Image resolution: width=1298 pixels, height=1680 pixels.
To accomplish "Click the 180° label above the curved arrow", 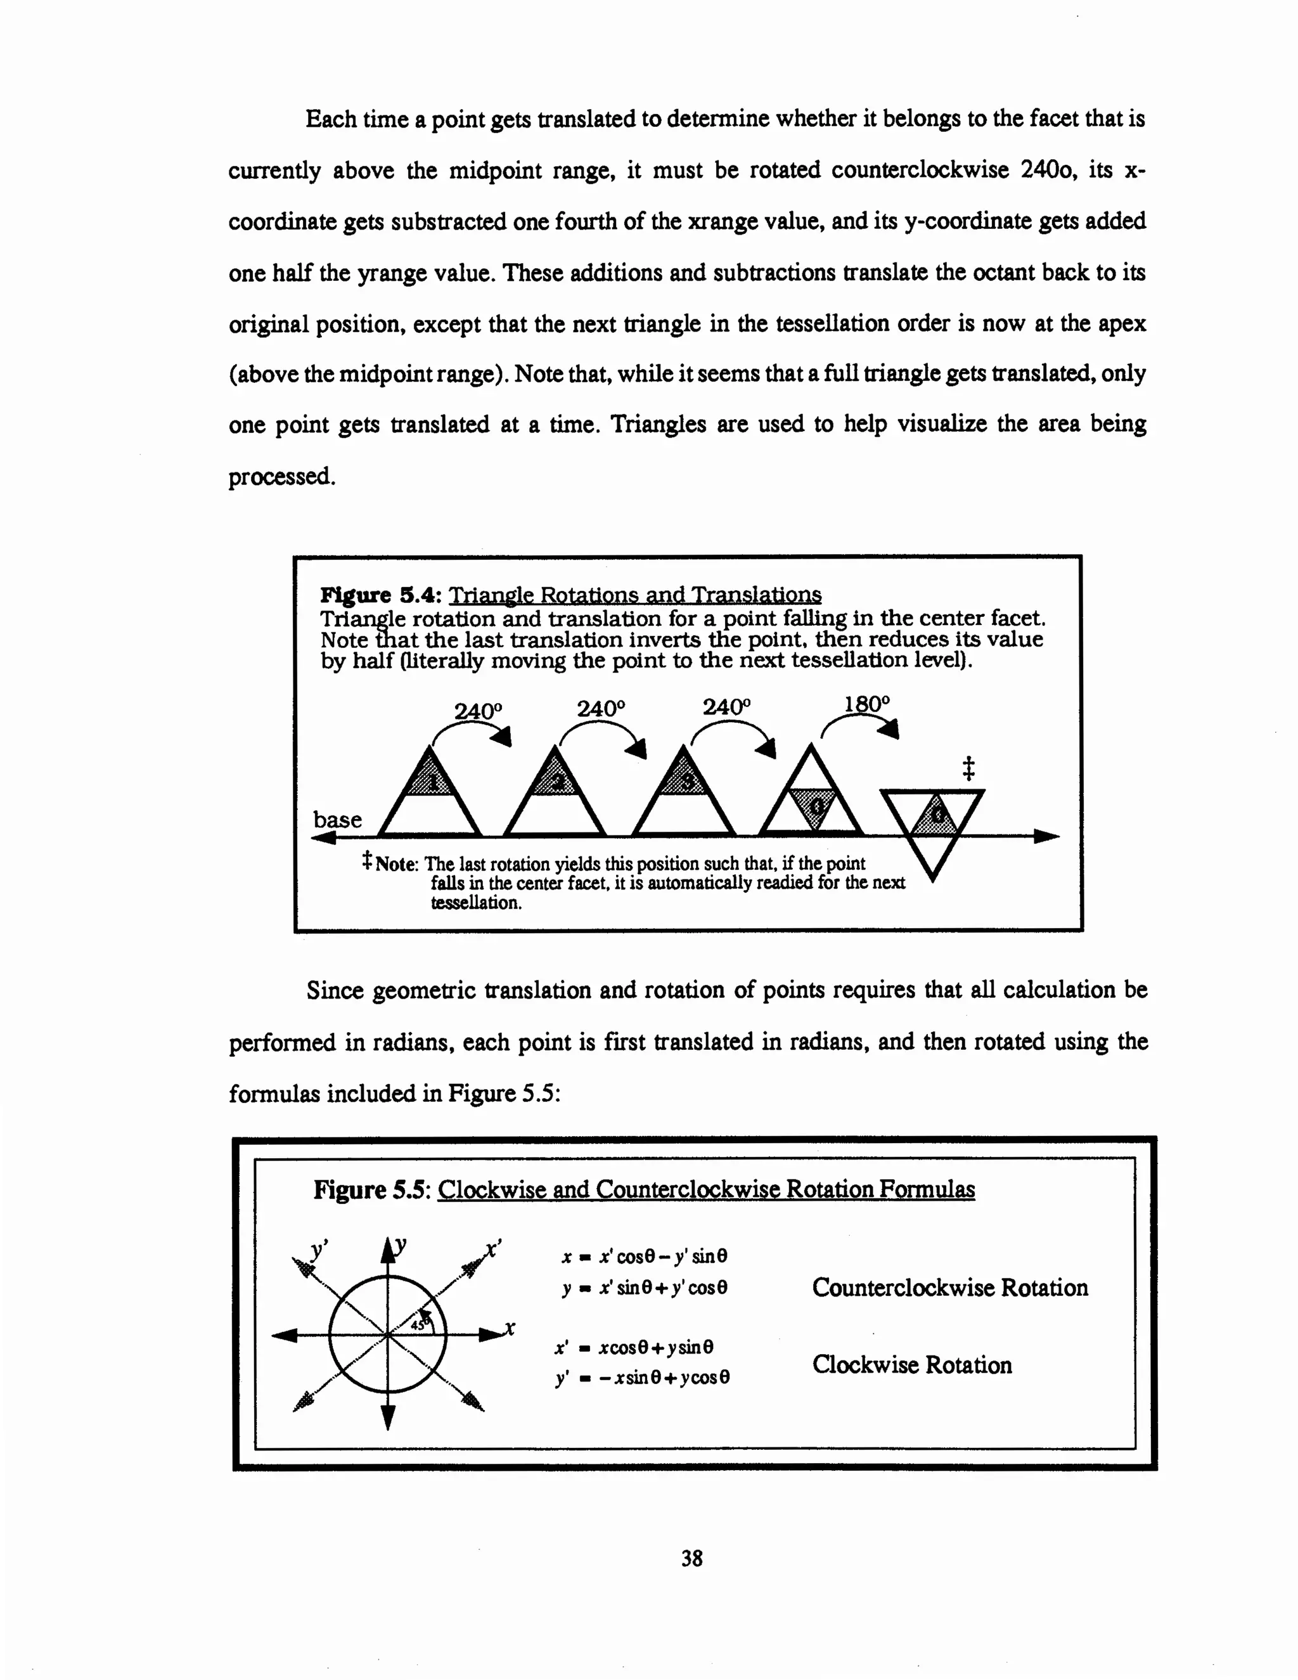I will pos(866,704).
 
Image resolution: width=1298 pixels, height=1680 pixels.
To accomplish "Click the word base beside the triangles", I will pos(337,819).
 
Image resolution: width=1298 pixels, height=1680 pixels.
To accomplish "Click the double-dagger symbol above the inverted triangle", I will pos(968,768).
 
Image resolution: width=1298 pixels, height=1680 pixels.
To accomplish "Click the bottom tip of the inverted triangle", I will pos(932,879).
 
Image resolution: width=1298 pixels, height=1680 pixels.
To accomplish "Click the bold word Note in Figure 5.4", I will pos(396,864).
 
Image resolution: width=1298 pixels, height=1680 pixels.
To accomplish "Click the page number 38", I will pos(691,1558).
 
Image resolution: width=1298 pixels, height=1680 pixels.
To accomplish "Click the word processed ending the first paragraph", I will pos(281,476).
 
